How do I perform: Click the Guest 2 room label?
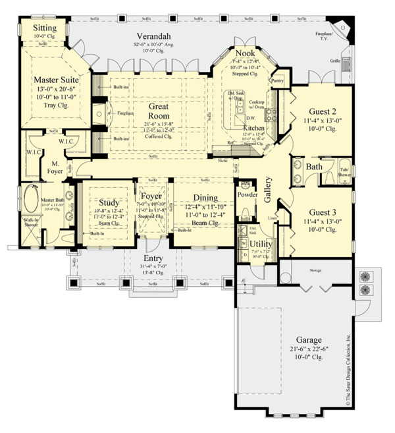(x=318, y=112)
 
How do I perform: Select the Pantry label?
(x=277, y=80)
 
